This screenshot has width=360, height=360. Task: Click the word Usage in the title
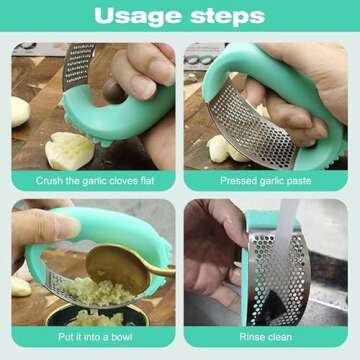coord(136,16)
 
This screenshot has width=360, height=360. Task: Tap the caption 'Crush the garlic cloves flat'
coord(94,182)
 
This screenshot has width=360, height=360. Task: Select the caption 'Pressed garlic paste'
coord(265,182)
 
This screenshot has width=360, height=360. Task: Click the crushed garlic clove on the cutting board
coord(70,150)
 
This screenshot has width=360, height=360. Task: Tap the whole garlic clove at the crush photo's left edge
coord(20,110)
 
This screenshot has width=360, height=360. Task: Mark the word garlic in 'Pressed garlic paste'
coord(266,182)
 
